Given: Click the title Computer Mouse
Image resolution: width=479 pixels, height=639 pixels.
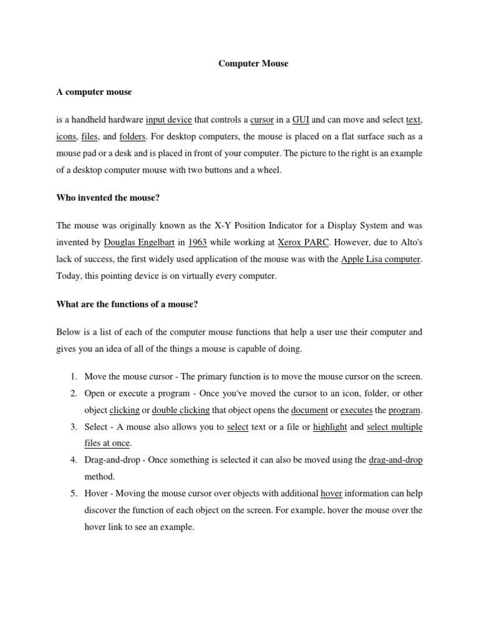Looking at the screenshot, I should click(253, 64).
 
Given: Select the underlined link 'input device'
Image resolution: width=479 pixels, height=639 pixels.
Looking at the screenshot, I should click(169, 120).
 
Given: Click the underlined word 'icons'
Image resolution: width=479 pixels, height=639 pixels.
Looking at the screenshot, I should click(66, 136).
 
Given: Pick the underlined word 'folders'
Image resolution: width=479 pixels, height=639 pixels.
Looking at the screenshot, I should click(132, 136).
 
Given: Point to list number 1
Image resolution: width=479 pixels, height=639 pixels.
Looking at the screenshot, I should click(73, 377).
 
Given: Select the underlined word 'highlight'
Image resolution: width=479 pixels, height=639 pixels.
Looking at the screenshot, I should click(330, 427).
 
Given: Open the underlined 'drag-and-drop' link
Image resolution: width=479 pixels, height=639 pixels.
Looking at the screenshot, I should click(395, 460).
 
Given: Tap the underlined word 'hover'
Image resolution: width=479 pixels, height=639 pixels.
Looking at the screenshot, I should click(331, 493).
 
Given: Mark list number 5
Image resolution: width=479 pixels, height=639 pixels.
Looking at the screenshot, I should click(73, 493).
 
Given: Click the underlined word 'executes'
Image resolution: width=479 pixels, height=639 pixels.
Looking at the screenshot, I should click(356, 410).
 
